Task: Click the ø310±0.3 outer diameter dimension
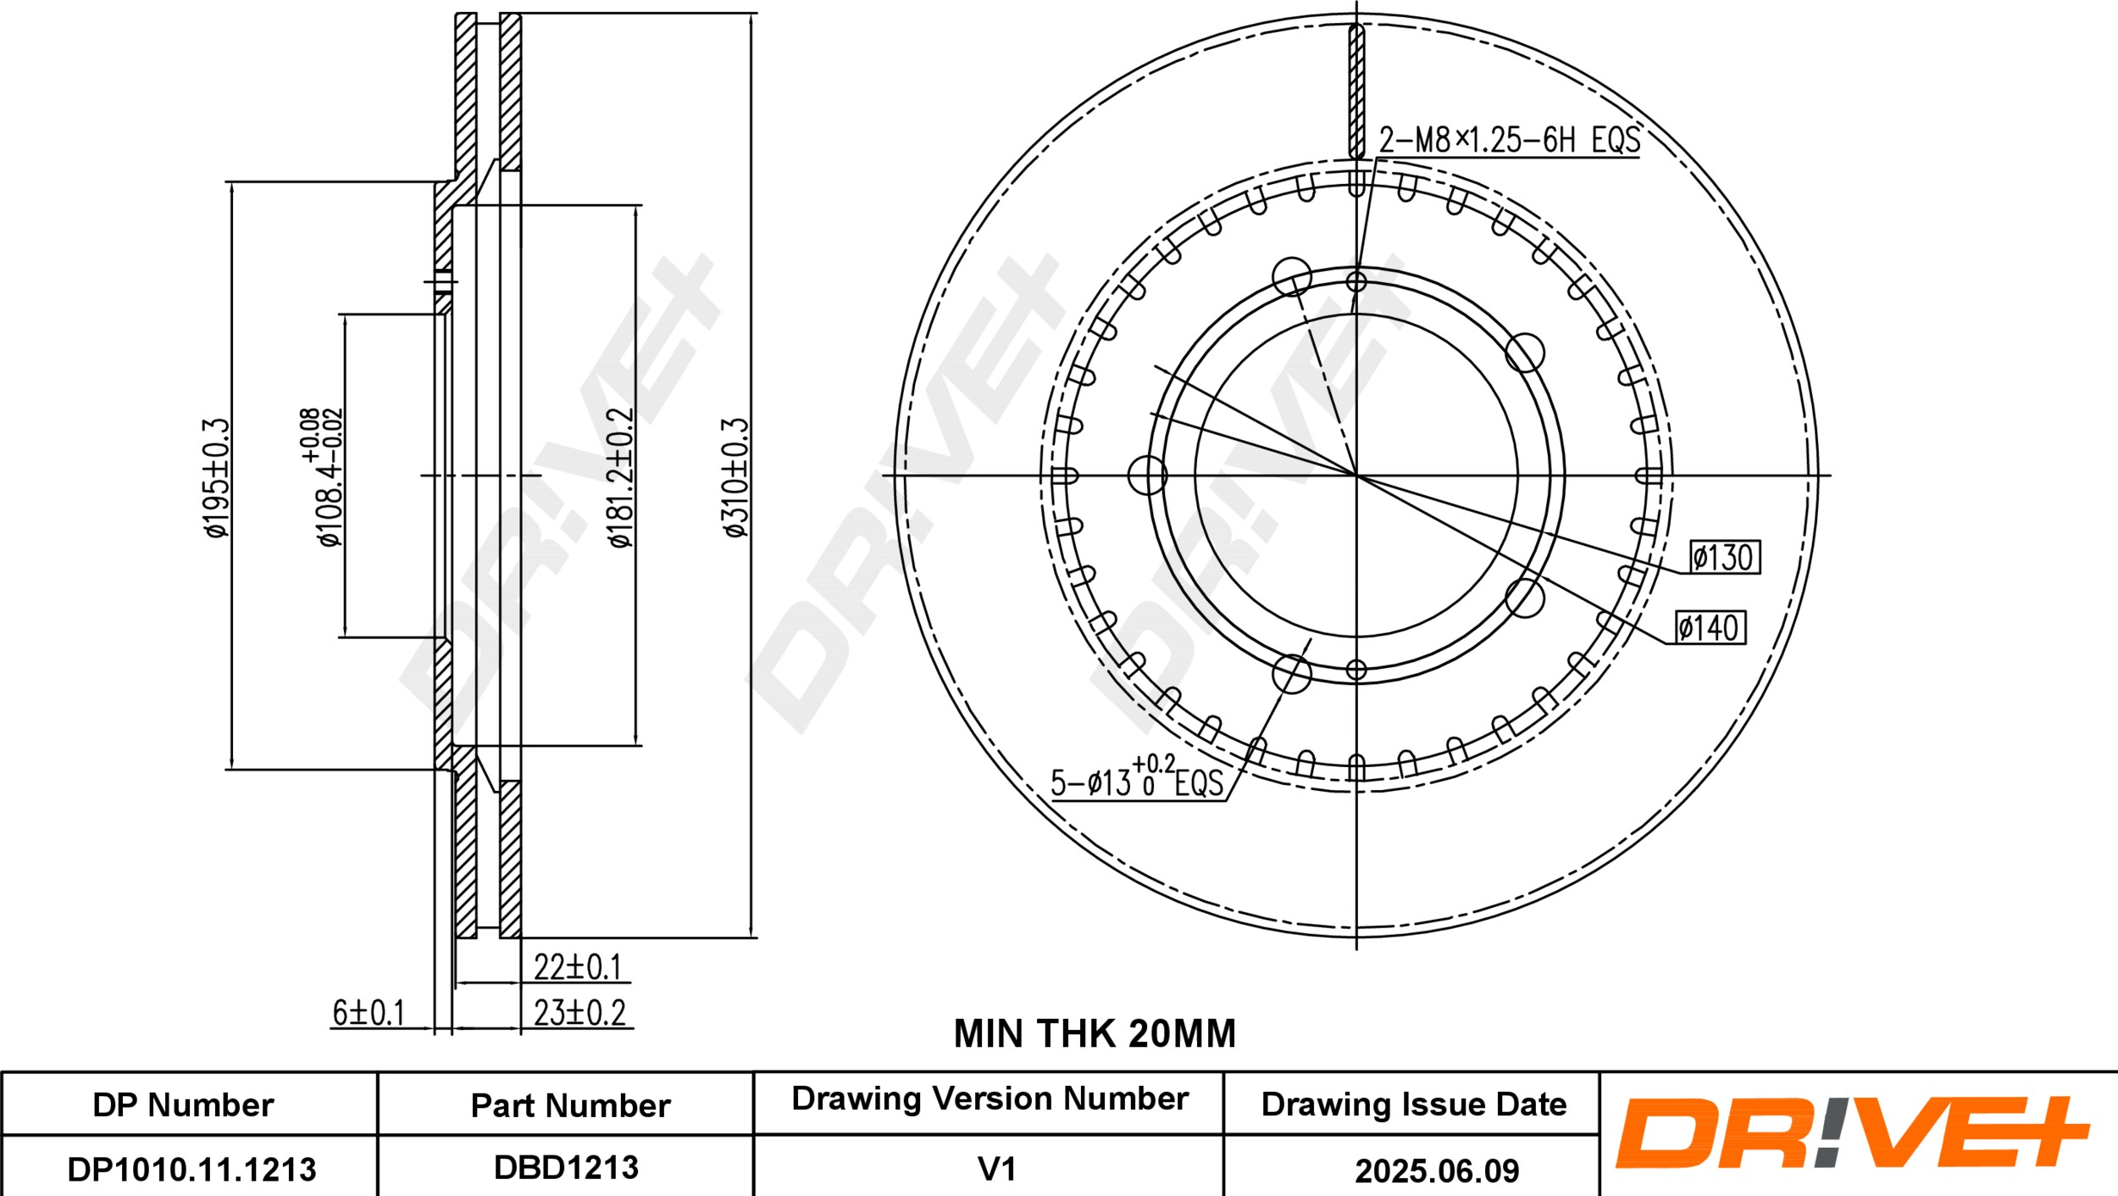click(x=736, y=477)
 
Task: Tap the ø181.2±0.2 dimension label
click(x=621, y=477)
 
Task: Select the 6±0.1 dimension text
click(x=369, y=1012)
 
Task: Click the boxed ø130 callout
click(x=1724, y=557)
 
